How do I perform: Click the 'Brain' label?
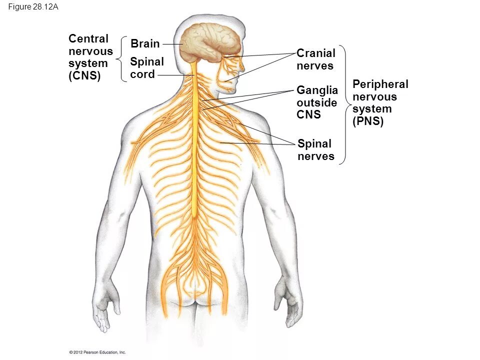(x=145, y=44)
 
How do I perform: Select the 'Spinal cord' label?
(x=146, y=68)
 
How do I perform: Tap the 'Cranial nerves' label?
(x=316, y=59)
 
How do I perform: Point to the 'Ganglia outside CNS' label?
(x=317, y=102)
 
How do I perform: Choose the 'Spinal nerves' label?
(x=315, y=150)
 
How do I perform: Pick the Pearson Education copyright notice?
(x=97, y=352)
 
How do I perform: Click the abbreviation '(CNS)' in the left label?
(x=84, y=76)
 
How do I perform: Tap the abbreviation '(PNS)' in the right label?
(x=368, y=121)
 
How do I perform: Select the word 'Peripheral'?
(x=380, y=84)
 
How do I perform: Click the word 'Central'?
(x=88, y=39)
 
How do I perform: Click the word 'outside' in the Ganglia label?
(x=317, y=102)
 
